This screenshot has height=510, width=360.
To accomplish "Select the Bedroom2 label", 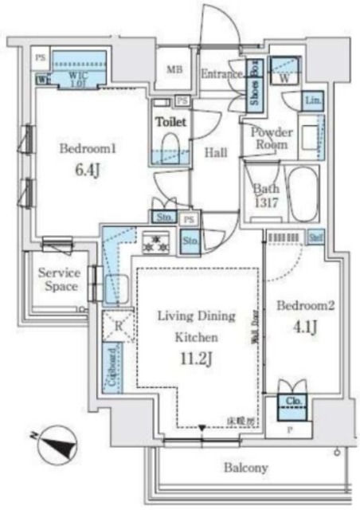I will (x=299, y=305).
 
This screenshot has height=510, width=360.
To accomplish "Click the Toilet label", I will (x=170, y=122).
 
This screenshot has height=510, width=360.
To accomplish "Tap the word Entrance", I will (x=221, y=74).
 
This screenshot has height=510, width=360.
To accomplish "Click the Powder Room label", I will (x=272, y=139).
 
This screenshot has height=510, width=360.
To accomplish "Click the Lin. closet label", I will (x=313, y=100).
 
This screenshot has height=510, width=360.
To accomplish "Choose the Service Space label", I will (x=59, y=279).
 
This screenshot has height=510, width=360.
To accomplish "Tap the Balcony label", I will (x=245, y=468).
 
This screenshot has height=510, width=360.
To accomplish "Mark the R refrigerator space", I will (x=118, y=325).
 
